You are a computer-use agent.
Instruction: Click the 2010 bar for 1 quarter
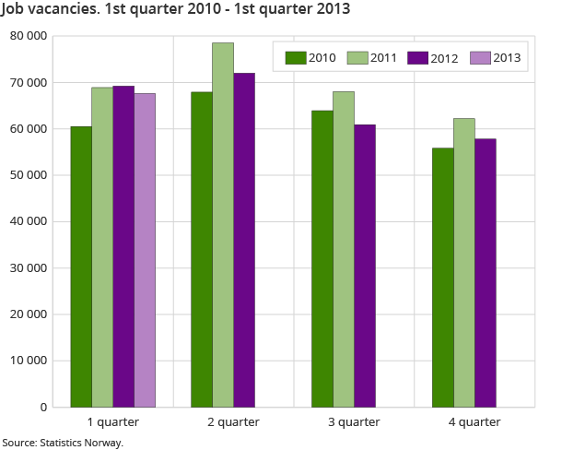tap(81, 266)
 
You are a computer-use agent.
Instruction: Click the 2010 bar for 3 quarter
tap(322, 258)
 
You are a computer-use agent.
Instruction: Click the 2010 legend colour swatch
tap(296, 58)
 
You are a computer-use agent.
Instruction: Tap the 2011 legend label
tap(382, 58)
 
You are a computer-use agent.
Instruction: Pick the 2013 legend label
tap(508, 58)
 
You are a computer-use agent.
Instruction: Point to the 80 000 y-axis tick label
tap(27, 36)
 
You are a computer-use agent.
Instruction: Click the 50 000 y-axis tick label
tap(27, 175)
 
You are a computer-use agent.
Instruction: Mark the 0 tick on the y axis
tap(43, 407)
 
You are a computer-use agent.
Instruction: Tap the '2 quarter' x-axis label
tap(233, 422)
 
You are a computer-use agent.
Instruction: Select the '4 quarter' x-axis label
tap(474, 422)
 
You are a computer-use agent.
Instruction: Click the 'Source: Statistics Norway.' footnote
tap(63, 443)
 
